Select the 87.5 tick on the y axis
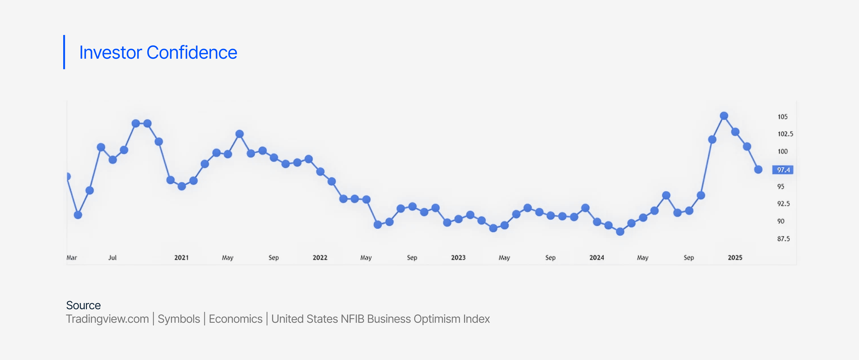tap(783, 239)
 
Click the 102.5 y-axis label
tap(785, 134)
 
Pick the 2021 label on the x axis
tap(181, 258)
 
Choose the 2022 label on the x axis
tap(320, 258)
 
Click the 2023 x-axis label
tap(458, 258)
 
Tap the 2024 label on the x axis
tap(597, 258)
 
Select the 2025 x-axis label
tap(735, 258)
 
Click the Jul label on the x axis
tap(112, 258)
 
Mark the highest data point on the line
tap(724, 116)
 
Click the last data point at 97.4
tap(758, 170)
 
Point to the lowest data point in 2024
tap(620, 232)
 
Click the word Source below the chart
tap(83, 305)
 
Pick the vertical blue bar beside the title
tap(64, 52)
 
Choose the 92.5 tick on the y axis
tap(783, 204)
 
